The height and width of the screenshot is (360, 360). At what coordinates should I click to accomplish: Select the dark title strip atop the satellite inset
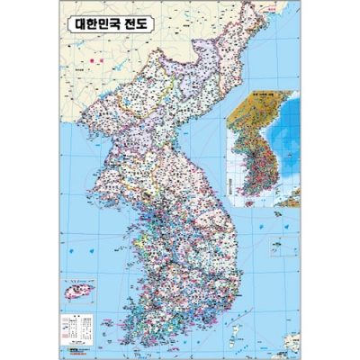[x=260, y=95]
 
